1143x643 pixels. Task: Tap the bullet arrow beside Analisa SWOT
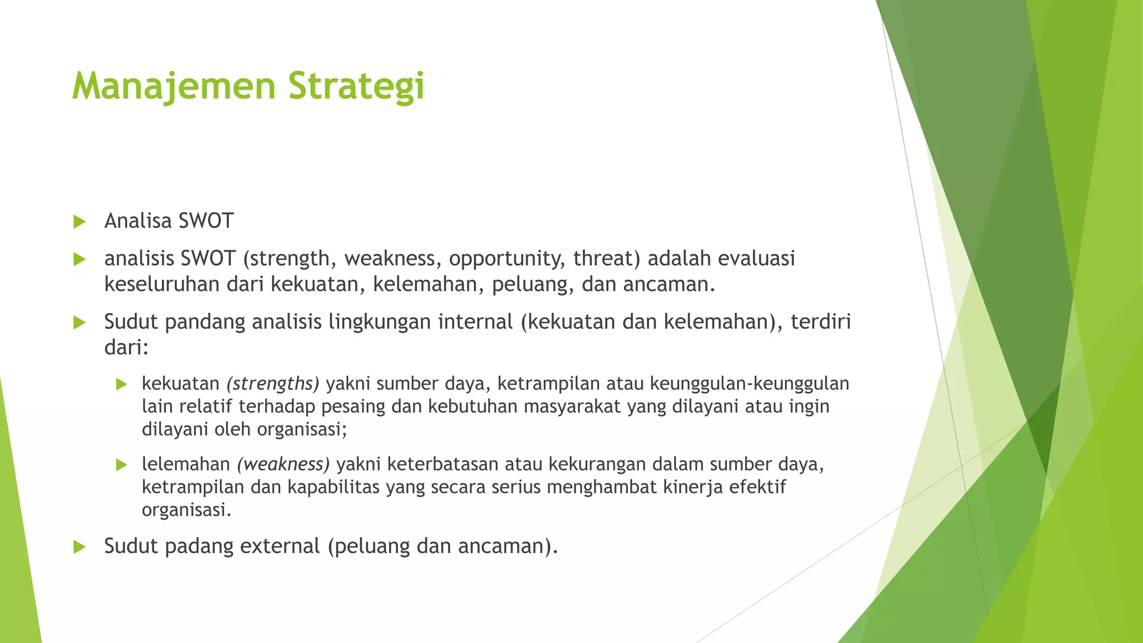point(79,222)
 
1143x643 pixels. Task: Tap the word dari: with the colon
point(126,348)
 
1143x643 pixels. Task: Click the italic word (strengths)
point(273,384)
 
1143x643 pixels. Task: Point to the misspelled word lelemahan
point(186,464)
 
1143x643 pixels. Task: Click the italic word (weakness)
point(284,464)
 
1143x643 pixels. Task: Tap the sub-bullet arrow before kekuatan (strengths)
point(122,385)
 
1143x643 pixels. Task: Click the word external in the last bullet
point(280,546)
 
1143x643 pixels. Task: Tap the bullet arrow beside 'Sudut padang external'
point(79,547)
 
